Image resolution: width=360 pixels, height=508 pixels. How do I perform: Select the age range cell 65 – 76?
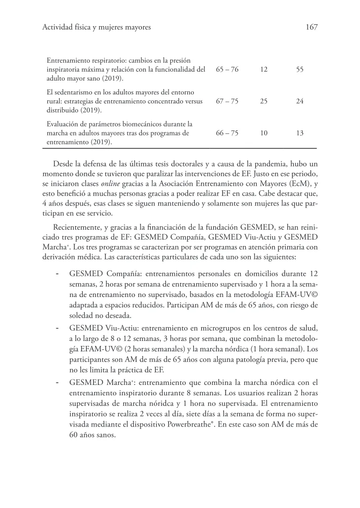(227, 70)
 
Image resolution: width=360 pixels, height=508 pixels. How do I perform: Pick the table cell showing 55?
(300, 70)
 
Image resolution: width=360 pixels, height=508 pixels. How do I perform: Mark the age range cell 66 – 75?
(227, 133)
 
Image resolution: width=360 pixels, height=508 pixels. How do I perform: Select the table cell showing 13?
(300, 133)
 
